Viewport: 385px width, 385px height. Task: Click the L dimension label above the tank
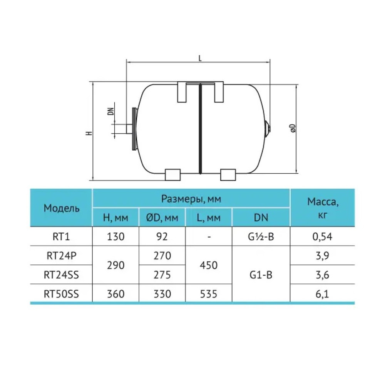200,58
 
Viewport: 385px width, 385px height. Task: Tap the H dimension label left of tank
89,133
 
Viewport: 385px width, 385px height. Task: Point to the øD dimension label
293,128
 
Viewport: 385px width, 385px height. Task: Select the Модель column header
61,208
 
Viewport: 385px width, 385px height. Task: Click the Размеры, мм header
191,199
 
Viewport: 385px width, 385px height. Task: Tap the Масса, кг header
323,208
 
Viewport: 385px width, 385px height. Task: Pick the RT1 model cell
61,236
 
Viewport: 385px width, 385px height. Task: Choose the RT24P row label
61,256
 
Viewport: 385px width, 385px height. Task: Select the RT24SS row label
61,275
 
